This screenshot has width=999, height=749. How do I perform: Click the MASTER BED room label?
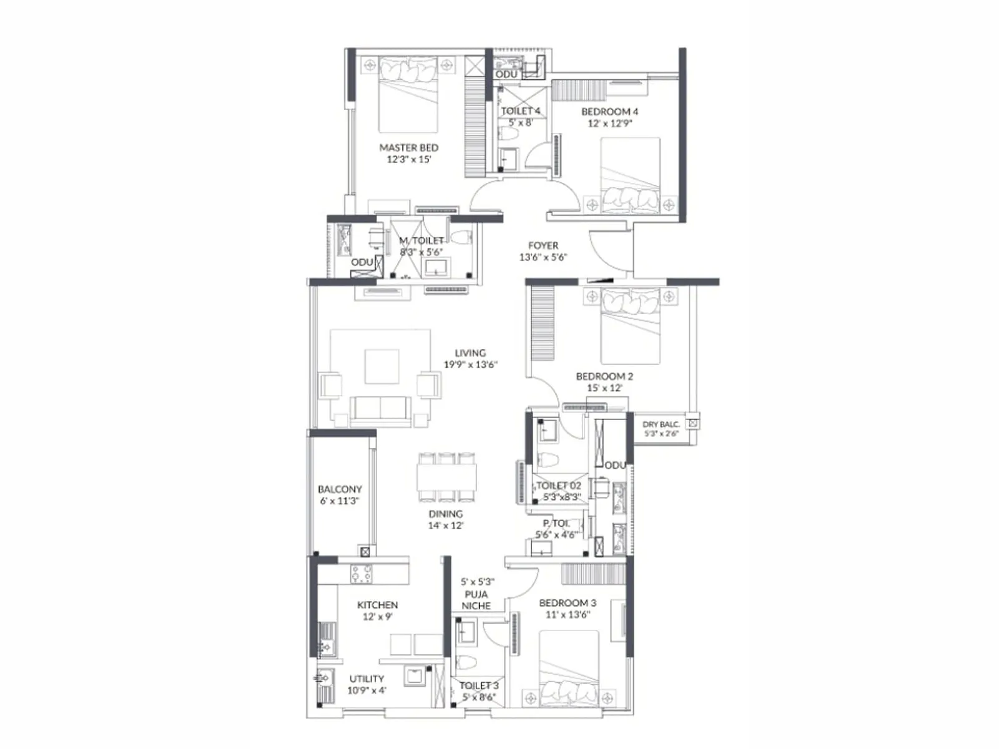pyautogui.click(x=409, y=148)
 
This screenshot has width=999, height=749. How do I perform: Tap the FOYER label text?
pyautogui.click(x=543, y=246)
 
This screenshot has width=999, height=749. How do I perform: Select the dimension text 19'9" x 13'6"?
pyautogui.click(x=470, y=365)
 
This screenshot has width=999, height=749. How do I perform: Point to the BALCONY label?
pyautogui.click(x=340, y=489)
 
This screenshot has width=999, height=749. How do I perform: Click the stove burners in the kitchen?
pyautogui.click(x=362, y=574)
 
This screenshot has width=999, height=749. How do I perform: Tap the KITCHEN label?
pyautogui.click(x=377, y=605)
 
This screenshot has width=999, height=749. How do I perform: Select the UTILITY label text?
pyautogui.click(x=367, y=679)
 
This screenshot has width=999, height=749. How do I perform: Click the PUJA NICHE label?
pyautogui.click(x=476, y=600)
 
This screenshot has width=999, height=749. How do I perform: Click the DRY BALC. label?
pyautogui.click(x=661, y=424)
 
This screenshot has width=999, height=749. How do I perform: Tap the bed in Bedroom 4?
pyautogui.click(x=630, y=175)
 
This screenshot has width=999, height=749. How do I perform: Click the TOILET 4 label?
pyautogui.click(x=520, y=111)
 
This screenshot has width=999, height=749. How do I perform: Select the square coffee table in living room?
pyautogui.click(x=382, y=366)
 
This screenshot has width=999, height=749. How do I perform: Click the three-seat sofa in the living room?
pyautogui.click(x=380, y=410)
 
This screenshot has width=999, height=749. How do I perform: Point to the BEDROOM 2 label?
pyautogui.click(x=604, y=376)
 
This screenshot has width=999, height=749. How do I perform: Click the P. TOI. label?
pyautogui.click(x=556, y=523)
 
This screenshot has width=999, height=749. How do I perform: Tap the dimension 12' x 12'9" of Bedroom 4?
pyautogui.click(x=609, y=124)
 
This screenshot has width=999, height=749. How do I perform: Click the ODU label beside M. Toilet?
pyautogui.click(x=362, y=262)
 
